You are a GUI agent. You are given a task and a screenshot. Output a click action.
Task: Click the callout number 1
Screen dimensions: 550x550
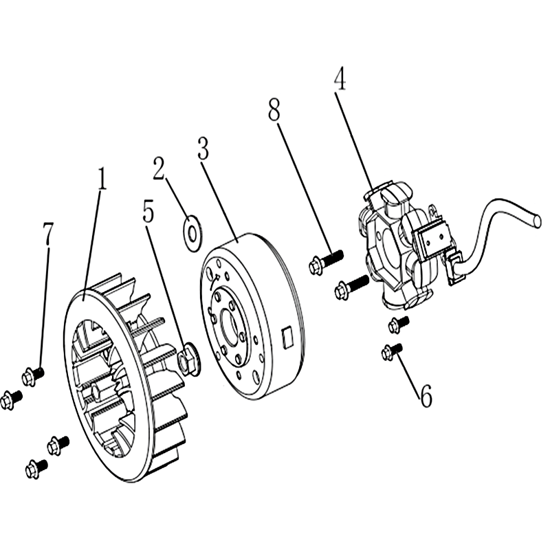101,179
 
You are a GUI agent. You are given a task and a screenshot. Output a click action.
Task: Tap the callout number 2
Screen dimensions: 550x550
159,168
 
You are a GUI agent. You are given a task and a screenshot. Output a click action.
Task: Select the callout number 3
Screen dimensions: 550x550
203,148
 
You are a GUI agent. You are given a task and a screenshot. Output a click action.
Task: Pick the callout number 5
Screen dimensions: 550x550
148,212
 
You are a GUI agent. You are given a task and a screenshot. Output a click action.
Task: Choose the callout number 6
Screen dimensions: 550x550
426,396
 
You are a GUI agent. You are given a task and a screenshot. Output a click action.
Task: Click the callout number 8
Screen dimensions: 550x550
274,109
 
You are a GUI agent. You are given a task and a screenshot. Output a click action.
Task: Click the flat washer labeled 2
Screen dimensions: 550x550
192,234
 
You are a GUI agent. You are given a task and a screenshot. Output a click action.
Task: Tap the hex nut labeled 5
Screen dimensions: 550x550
188,359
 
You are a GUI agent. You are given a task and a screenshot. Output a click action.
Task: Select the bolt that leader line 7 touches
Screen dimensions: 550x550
32,376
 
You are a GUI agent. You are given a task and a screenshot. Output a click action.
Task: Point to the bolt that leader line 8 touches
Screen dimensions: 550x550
326,261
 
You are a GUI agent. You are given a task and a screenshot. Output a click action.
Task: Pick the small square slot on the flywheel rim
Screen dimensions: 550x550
288,338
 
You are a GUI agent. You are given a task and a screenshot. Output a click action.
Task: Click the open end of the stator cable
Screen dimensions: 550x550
538,221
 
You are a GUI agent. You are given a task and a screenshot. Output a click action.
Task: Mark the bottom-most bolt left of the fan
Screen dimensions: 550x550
36,469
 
